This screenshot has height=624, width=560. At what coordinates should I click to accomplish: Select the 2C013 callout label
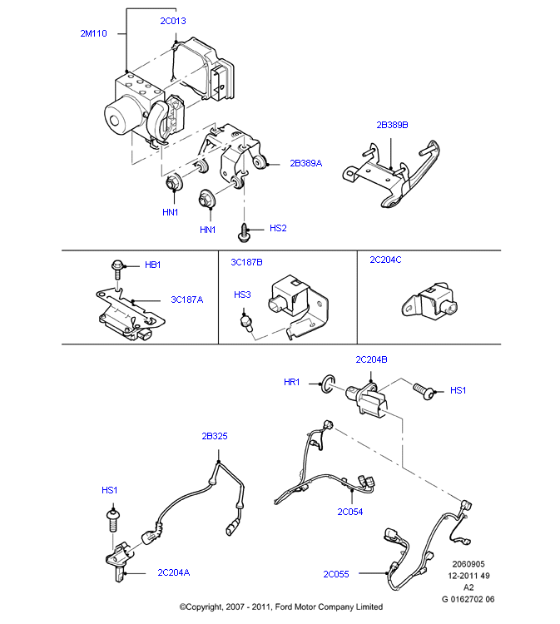(x=173, y=21)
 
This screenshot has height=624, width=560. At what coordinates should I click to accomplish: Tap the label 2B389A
(x=305, y=164)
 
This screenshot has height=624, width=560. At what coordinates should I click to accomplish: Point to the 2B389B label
(x=392, y=125)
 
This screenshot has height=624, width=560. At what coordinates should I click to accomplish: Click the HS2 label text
(x=278, y=227)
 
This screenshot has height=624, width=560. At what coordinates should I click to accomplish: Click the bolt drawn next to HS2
(x=245, y=232)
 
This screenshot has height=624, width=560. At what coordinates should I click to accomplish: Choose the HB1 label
(x=152, y=265)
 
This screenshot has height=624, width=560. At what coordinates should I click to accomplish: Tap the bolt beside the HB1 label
(x=118, y=268)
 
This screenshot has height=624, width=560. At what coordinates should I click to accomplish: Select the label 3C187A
(x=187, y=300)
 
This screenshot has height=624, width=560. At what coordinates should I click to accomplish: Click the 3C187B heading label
(x=246, y=262)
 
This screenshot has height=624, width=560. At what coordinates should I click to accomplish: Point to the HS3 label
(x=242, y=295)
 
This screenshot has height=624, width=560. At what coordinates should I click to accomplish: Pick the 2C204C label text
(x=385, y=260)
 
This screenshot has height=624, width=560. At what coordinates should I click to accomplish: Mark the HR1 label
(x=291, y=383)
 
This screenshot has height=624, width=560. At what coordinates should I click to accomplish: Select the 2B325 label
(x=215, y=436)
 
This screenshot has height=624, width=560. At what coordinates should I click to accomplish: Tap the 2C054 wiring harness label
(x=350, y=512)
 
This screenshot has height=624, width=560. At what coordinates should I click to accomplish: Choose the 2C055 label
(x=336, y=573)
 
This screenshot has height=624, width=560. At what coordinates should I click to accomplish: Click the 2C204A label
(x=173, y=572)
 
